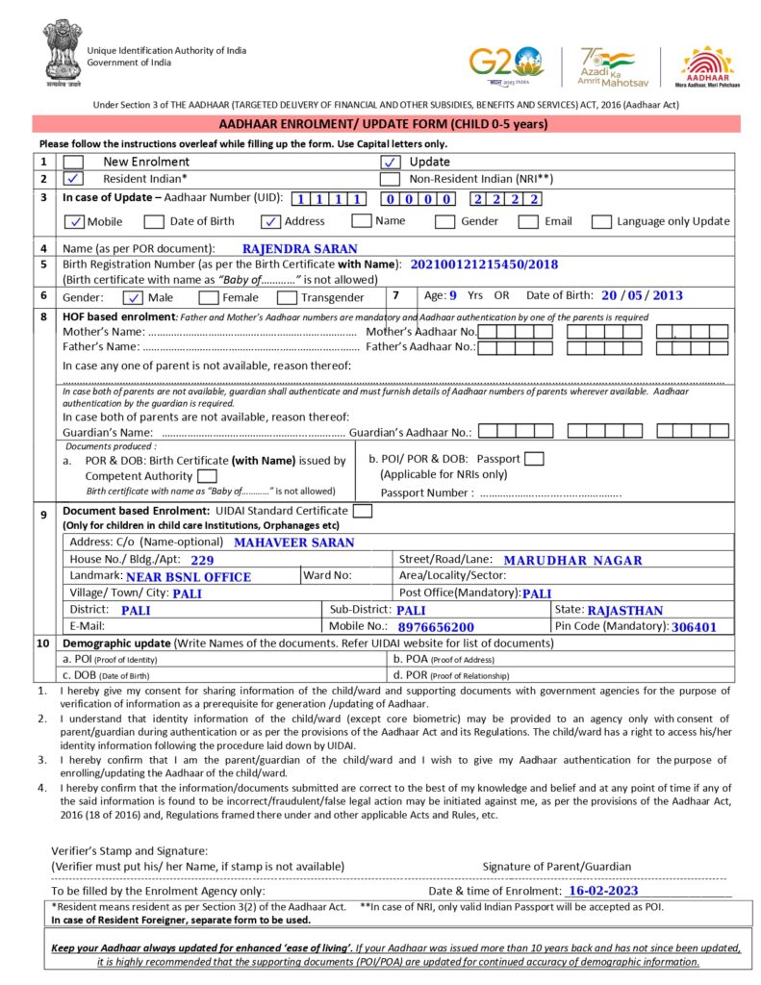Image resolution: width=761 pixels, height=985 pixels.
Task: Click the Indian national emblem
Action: tap(62, 53)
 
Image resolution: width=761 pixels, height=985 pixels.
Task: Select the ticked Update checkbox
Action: tap(391, 162)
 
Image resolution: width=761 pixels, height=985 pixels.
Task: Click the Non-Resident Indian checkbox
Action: tap(391, 179)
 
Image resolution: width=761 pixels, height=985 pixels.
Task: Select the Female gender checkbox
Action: tap(208, 297)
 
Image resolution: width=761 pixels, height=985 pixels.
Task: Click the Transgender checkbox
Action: tap(286, 297)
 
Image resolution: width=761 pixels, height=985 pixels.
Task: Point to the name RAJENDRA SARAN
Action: tap(299, 248)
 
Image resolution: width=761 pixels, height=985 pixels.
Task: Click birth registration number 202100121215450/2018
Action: tap(484, 264)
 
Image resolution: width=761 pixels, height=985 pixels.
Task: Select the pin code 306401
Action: tap(695, 627)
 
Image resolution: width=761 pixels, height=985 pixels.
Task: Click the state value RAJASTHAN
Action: tap(624, 610)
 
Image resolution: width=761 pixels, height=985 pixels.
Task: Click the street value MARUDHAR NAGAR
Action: tap(572, 560)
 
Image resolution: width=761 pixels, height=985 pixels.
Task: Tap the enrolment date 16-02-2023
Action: tap(603, 891)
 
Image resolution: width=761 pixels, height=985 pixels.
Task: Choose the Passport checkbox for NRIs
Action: tap(535, 459)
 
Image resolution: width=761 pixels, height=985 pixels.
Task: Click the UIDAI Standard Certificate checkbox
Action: tap(363, 511)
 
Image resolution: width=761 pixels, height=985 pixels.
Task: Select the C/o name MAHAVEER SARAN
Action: tap(293, 543)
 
